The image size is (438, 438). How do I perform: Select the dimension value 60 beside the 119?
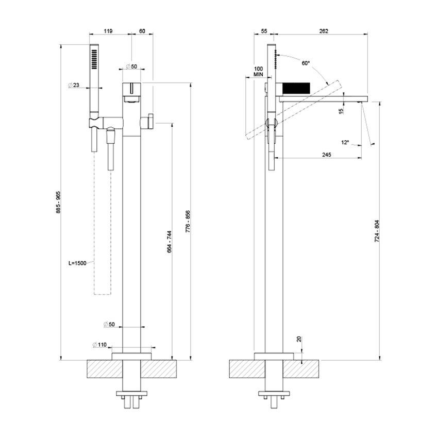click(x=143, y=31)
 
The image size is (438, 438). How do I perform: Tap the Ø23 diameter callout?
click(x=73, y=86)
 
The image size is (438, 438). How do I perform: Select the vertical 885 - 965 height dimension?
click(x=58, y=203)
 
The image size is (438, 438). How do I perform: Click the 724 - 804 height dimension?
click(x=377, y=232)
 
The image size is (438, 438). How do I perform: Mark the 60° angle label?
click(x=305, y=63)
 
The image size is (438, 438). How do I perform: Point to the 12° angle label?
click(x=345, y=142)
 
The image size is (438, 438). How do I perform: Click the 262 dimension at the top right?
click(x=324, y=31)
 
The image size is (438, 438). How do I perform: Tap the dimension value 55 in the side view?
click(x=264, y=31)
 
